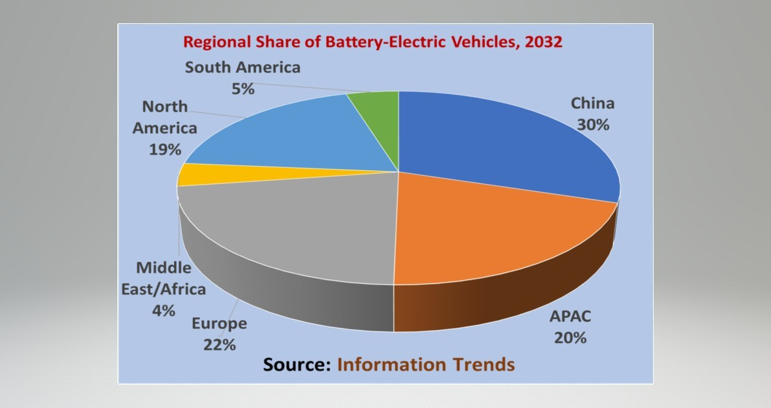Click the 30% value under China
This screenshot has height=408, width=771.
[592, 124]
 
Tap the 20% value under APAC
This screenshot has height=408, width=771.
[569, 337]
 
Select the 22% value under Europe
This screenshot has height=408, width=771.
[219, 345]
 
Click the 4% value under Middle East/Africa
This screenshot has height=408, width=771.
[164, 310]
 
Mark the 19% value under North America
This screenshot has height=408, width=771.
[165, 150]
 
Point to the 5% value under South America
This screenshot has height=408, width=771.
[243, 88]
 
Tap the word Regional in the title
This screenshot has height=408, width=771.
[213, 43]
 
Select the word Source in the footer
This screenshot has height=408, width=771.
[297, 365]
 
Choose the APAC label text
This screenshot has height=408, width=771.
[570, 317]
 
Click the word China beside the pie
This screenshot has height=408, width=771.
[592, 103]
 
